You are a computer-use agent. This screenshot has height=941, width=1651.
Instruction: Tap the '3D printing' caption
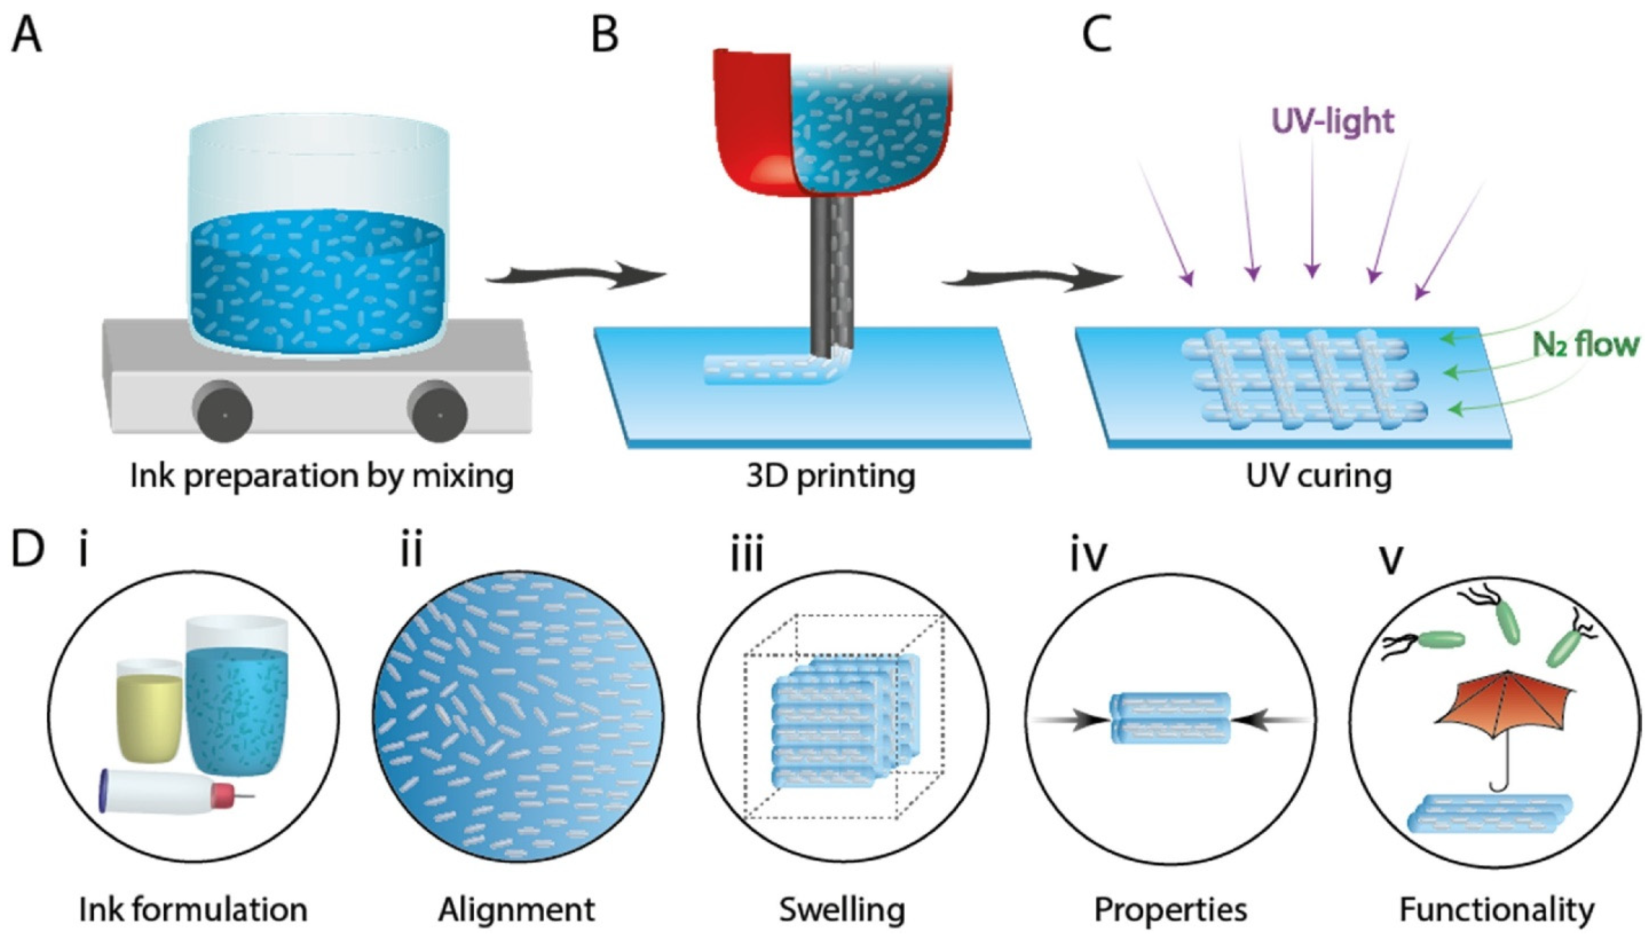point(830,476)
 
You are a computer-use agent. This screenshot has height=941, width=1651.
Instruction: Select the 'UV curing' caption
point(1318,476)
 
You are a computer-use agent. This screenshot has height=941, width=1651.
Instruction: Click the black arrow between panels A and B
point(575,275)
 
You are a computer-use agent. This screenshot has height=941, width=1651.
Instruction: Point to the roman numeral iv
point(1089,556)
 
